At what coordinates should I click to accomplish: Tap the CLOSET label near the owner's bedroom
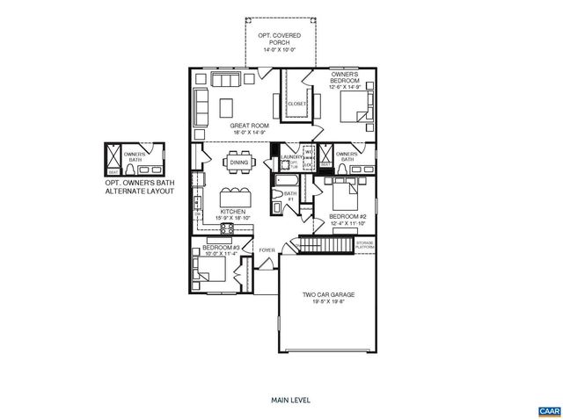tap(296, 104)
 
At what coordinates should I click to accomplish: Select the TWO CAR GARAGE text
tap(322, 296)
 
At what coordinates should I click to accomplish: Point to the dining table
tap(238, 161)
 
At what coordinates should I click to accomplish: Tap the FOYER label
tap(266, 250)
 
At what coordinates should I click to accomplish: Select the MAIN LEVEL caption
tap(281, 400)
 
